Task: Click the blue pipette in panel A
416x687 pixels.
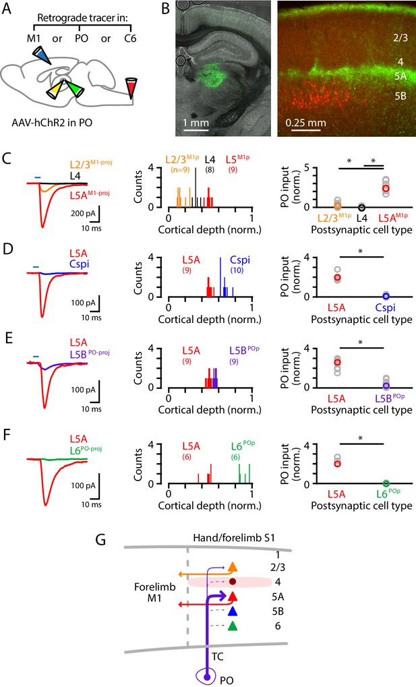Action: [42, 55]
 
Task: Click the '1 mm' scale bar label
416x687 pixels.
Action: [196, 123]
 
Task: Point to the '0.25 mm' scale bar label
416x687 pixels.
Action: [305, 123]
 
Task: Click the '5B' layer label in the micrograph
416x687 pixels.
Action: [400, 96]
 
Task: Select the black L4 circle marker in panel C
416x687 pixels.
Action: [361, 207]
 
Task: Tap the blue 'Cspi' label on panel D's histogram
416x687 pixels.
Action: [240, 260]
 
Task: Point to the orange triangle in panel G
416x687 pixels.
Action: [233, 567]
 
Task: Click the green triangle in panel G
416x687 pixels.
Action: [233, 626]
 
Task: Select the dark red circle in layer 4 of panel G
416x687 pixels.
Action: [233, 582]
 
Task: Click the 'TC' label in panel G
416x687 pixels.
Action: [218, 657]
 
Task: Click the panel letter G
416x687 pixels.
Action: [101, 539]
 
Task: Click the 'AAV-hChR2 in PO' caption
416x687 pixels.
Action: [52, 122]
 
